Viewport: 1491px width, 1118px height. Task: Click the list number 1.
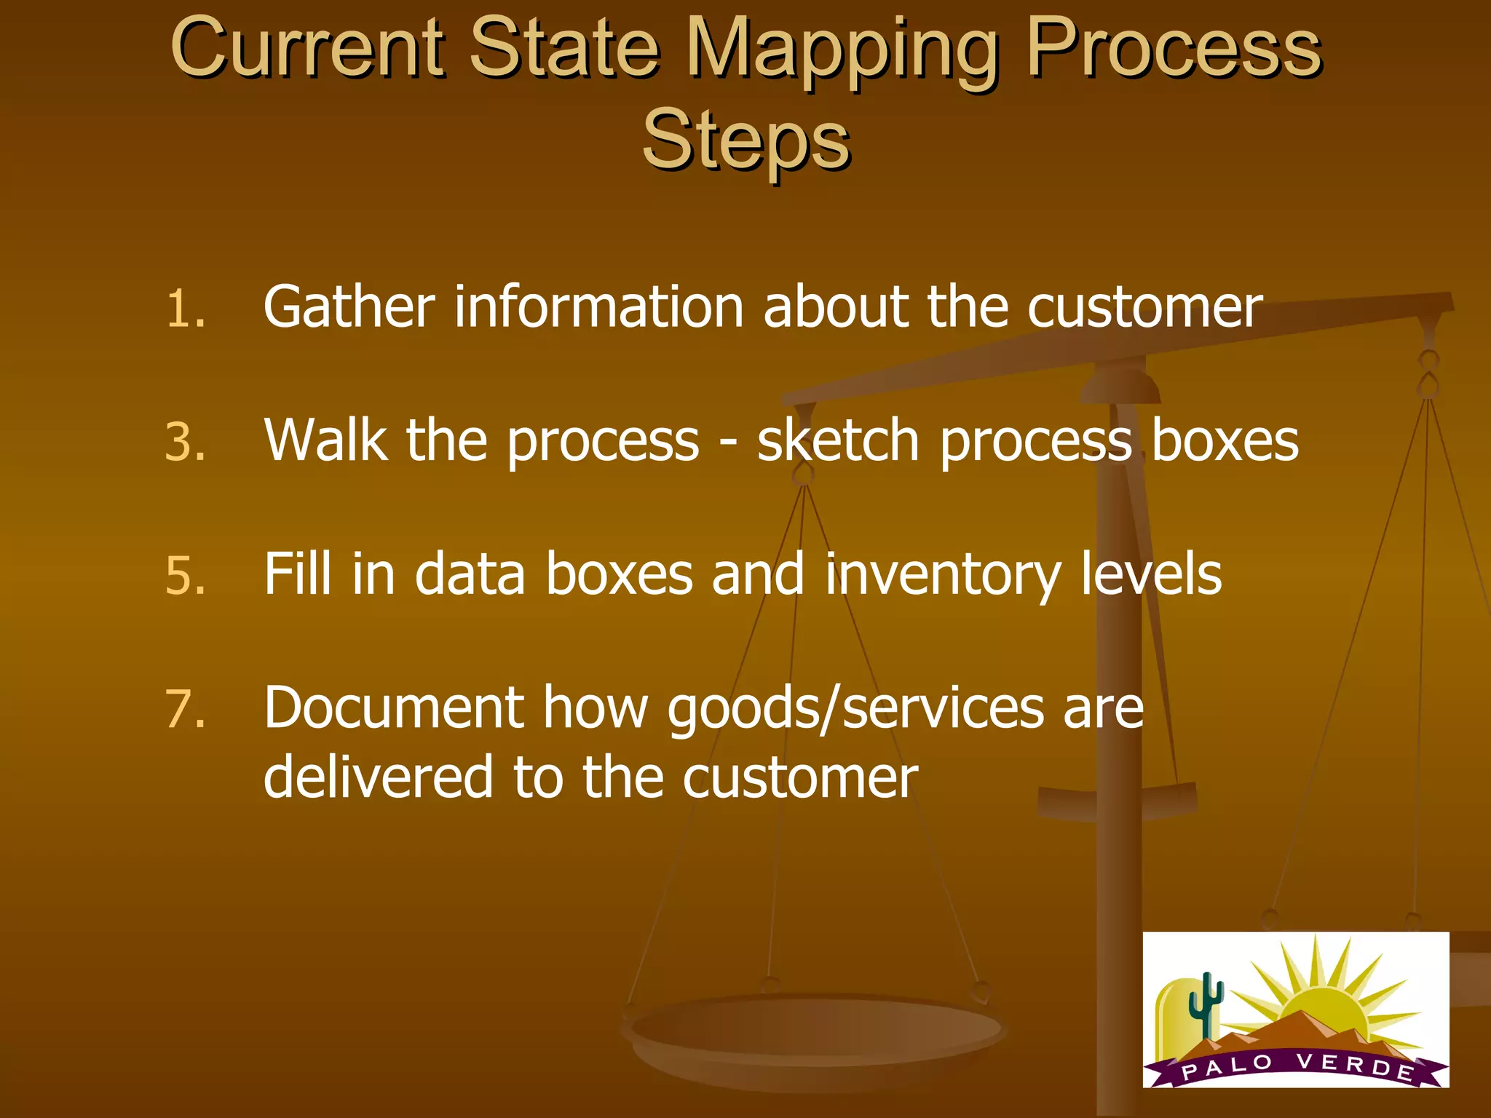185,309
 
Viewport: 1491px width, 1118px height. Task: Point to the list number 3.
185,443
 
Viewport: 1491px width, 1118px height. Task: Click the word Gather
349,307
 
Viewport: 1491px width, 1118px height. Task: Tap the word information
598,307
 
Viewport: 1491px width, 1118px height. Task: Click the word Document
394,707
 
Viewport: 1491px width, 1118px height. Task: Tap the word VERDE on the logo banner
1354,1065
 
